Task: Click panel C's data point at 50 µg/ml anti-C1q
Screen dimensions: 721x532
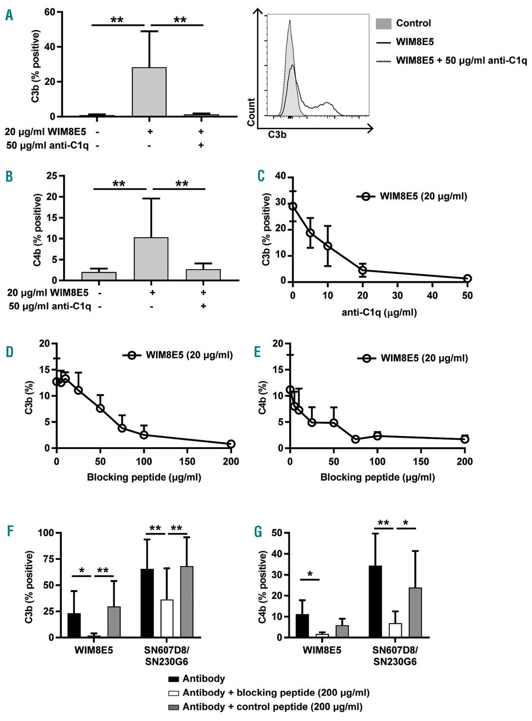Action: (x=467, y=278)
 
